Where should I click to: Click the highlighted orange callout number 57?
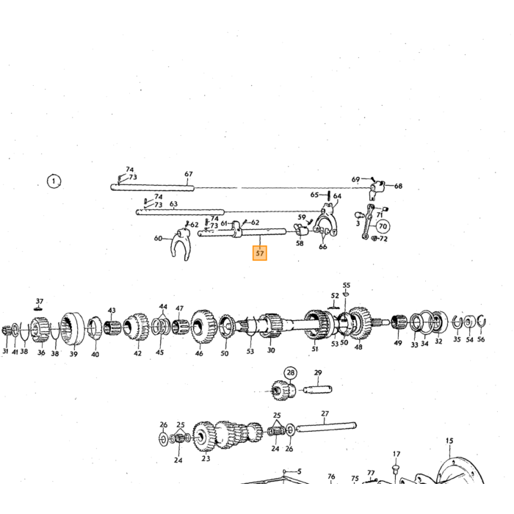point(260,253)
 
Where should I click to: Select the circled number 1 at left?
point(54,181)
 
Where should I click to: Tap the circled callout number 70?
point(383,226)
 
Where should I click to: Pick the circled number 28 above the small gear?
point(291,373)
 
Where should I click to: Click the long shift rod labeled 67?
point(153,188)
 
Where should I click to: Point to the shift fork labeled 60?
point(181,244)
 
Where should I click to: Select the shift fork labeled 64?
point(325,220)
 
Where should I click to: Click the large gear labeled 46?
point(203,326)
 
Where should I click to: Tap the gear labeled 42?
point(136,327)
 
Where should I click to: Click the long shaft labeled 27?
point(326,427)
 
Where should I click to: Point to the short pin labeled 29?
point(317,390)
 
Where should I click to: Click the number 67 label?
point(189,174)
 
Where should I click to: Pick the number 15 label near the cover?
point(449,441)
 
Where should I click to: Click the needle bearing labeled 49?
point(399,322)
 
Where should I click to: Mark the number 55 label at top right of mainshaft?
point(346,285)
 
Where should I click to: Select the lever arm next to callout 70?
point(368,222)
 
